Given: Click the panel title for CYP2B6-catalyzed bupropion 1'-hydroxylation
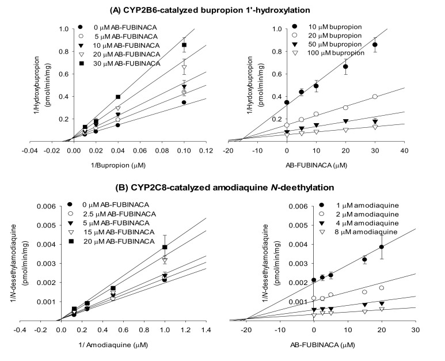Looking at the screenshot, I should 222,8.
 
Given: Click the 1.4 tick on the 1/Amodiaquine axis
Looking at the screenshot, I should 206,330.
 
